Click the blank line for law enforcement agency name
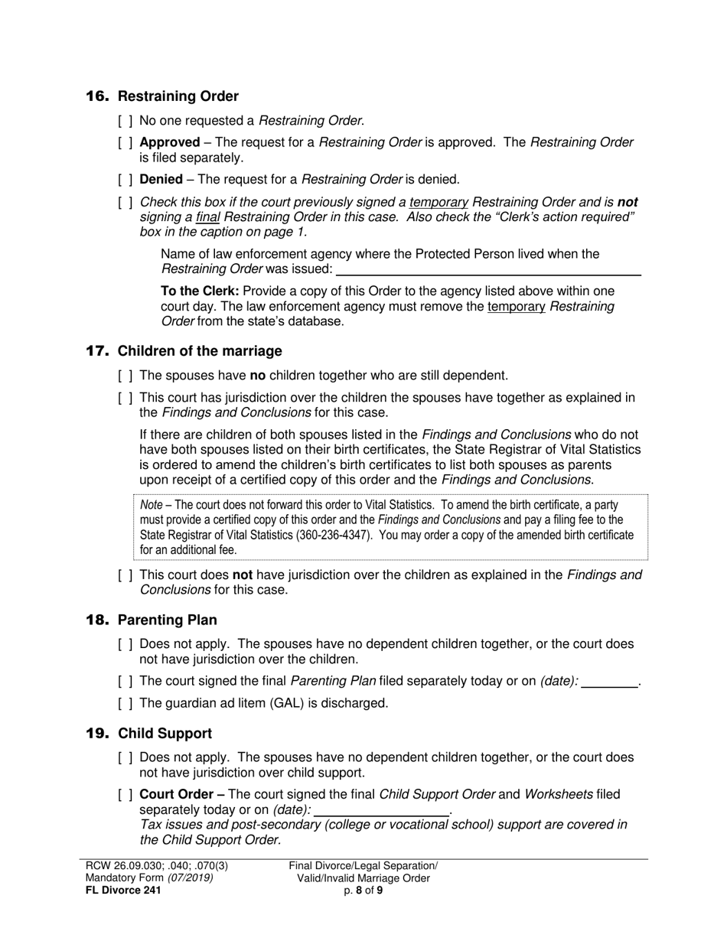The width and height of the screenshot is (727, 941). [488, 269]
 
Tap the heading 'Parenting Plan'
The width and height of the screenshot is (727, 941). [167, 620]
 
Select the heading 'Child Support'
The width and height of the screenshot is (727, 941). [165, 734]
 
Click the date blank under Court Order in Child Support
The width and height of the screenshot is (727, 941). [381, 810]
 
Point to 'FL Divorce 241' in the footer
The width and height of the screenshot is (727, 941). [123, 890]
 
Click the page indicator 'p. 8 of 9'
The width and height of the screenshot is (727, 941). [363, 890]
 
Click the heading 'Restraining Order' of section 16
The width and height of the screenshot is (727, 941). [178, 96]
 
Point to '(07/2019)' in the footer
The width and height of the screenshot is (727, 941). [191, 878]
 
